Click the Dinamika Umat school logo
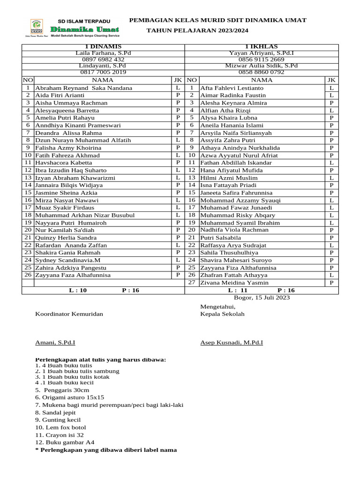[x=37, y=29]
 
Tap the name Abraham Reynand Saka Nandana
[x=84, y=88]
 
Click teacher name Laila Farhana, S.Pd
[x=104, y=53]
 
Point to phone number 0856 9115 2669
[x=262, y=60]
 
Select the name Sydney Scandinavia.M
[x=68, y=260]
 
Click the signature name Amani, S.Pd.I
[x=55, y=343]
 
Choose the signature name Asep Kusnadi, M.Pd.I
[x=232, y=343]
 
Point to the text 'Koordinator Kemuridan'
[x=69, y=314]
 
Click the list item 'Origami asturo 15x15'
[x=70, y=397]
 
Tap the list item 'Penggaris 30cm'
[x=62, y=390]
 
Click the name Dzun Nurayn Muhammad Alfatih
[x=83, y=140]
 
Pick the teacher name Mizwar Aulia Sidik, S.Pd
[x=262, y=66]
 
